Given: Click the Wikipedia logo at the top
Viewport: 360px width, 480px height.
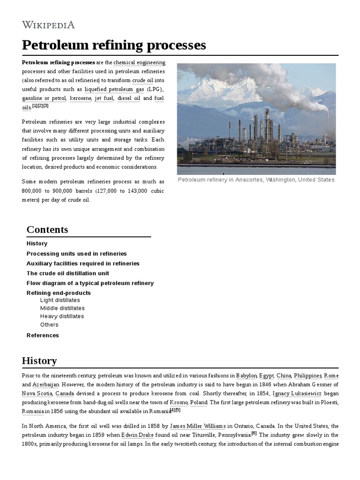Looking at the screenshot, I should (x=48, y=25).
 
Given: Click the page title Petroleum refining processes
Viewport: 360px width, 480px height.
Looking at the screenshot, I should (x=114, y=45).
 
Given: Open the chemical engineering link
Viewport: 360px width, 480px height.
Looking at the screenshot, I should (x=139, y=62).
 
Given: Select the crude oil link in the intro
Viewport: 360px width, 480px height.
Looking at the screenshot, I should (x=142, y=80).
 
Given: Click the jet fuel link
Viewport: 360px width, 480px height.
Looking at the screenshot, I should (x=104, y=98).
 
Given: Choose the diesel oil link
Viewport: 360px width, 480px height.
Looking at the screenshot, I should (x=128, y=98).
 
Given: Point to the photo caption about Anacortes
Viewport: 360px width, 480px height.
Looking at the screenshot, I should (x=256, y=180).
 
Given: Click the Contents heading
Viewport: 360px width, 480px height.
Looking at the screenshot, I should (x=47, y=229).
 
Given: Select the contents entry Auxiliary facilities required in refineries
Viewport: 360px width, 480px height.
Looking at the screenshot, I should (x=83, y=263).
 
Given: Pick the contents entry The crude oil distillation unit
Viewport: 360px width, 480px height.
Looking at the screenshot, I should (x=67, y=273).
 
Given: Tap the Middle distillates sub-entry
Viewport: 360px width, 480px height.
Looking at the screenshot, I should (x=62, y=308).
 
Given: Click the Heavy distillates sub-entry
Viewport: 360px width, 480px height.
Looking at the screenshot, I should (x=62, y=316).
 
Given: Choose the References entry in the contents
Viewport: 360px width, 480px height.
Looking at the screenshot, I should (x=43, y=335).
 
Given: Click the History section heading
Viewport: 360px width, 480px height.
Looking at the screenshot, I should (x=39, y=360).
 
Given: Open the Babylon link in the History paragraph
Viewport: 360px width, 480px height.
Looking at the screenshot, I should (x=247, y=375).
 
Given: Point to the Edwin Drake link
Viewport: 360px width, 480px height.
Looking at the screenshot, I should (x=136, y=435).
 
